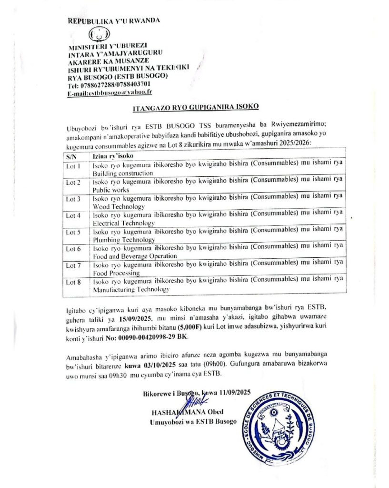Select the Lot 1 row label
(73, 166)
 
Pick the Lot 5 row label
(73, 233)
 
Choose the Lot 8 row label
(73, 282)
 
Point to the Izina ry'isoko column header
(112, 156)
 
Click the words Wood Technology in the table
(119, 207)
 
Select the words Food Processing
(116, 273)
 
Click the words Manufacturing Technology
(131, 289)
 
